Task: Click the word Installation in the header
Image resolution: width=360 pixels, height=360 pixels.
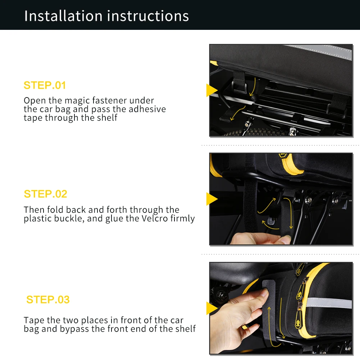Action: point(63,16)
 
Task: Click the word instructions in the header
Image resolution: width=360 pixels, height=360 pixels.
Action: point(148,16)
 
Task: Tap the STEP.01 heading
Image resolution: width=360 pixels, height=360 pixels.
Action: point(45,85)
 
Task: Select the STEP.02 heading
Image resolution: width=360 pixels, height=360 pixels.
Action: point(45,194)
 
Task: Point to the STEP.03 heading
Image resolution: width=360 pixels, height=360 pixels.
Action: point(48,300)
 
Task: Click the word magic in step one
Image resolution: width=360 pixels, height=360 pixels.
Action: point(77,101)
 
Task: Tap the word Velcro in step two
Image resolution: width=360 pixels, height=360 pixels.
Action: point(155,218)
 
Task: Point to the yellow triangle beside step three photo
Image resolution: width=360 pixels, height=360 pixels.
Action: point(211,308)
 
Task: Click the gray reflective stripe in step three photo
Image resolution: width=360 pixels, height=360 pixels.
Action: point(329,302)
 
